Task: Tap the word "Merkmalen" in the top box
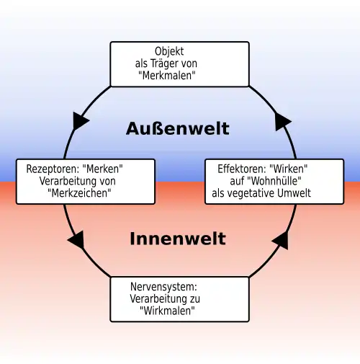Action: point(179,75)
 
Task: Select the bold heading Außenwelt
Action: point(178,128)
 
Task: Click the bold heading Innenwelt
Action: point(178,239)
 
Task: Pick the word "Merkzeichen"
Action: point(86,193)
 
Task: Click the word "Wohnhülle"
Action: point(281,181)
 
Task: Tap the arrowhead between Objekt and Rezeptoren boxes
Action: point(81,120)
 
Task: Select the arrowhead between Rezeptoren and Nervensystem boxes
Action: point(77,241)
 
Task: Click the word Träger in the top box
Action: point(167,63)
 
